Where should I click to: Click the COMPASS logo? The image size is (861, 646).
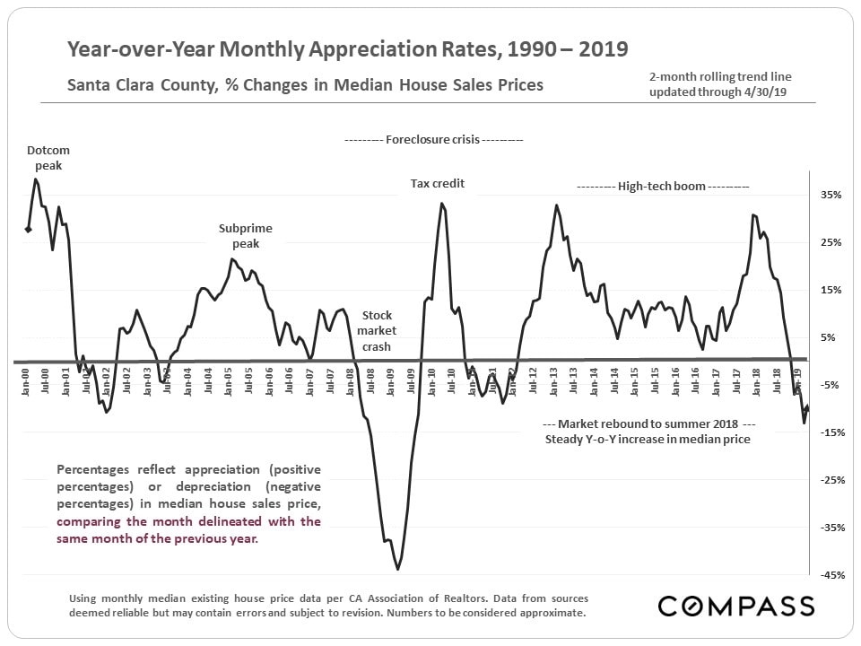click(x=736, y=606)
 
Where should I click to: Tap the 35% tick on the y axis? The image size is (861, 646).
click(x=830, y=195)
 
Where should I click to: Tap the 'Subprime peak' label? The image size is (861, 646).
click(x=245, y=236)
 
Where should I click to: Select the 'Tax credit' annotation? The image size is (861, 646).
click(x=438, y=184)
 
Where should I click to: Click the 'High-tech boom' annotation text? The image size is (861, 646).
click(x=663, y=187)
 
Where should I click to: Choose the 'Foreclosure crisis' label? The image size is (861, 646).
click(x=433, y=140)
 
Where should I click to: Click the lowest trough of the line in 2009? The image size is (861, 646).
click(x=397, y=569)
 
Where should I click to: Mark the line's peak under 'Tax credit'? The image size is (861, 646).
click(x=442, y=203)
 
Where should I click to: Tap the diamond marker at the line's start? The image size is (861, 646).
click(x=29, y=230)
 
